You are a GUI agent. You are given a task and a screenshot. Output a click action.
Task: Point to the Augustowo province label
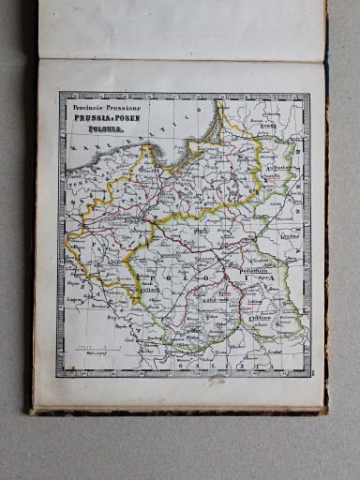tap(278, 166)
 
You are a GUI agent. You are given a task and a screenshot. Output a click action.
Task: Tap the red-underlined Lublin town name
tap(253, 303)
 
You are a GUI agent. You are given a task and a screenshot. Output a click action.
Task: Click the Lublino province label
tap(263, 320)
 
